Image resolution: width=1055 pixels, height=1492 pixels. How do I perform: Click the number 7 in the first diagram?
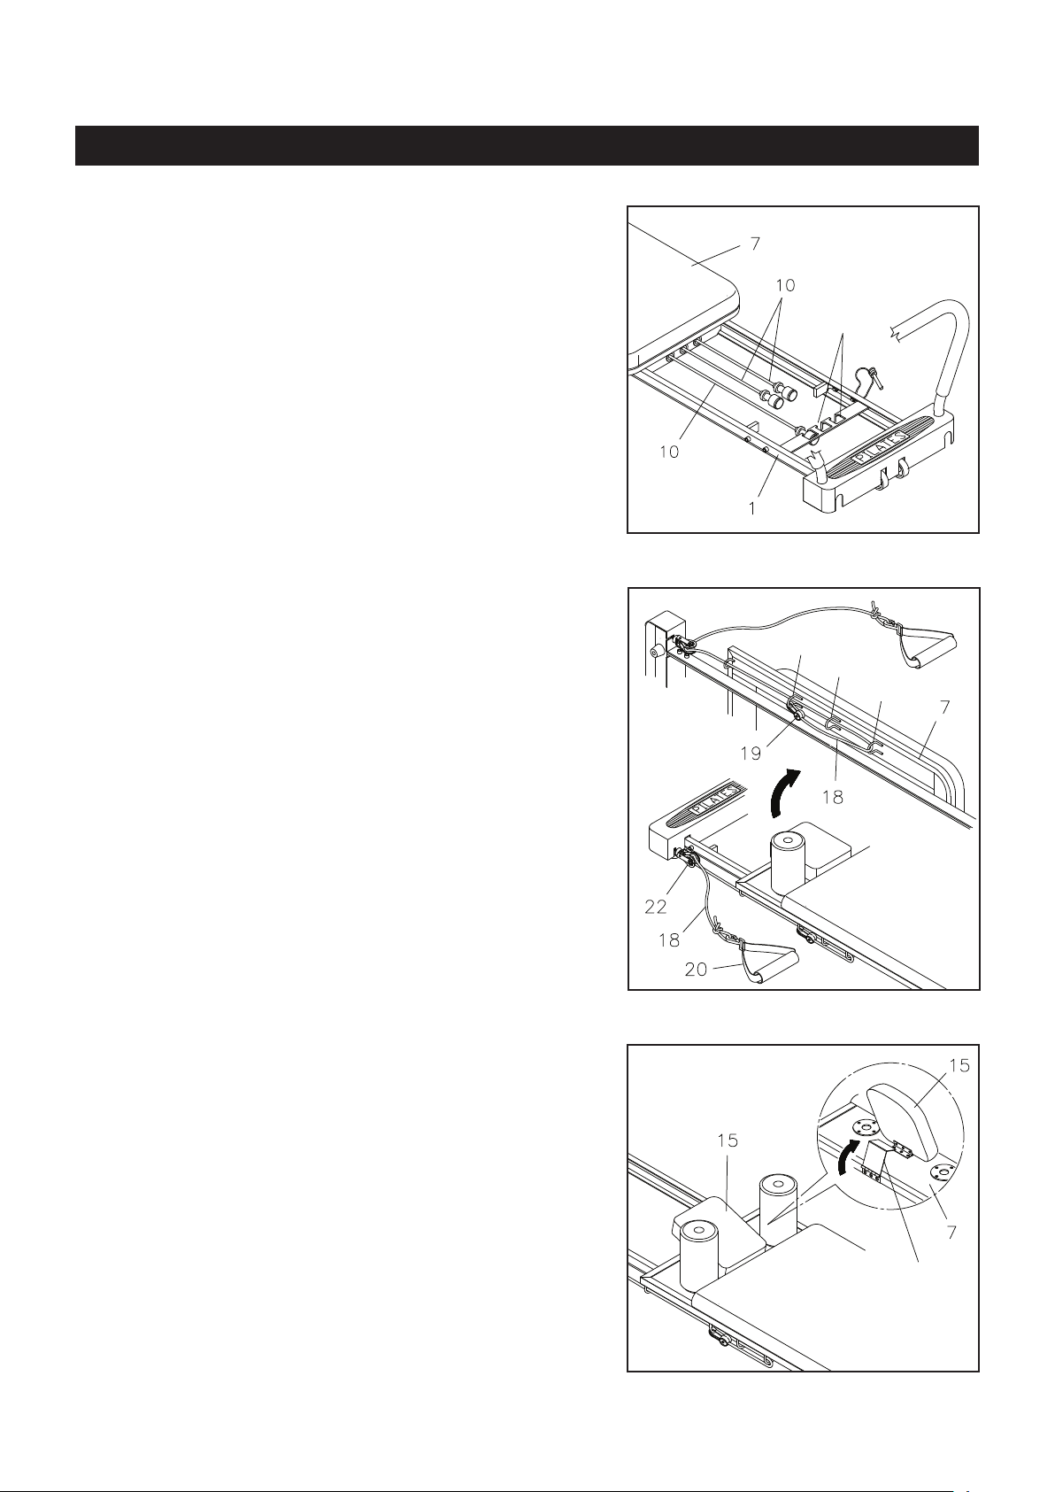(755, 244)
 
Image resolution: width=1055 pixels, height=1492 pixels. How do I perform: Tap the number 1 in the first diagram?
(752, 509)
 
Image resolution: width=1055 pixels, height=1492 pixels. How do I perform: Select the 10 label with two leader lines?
(785, 285)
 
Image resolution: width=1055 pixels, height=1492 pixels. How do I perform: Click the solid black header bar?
(527, 145)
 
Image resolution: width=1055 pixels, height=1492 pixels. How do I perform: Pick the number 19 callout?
(751, 754)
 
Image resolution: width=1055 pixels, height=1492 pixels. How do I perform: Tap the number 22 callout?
(656, 906)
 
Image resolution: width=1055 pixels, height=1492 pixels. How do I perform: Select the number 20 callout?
(696, 969)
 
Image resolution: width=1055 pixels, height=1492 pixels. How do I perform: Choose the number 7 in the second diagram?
(945, 706)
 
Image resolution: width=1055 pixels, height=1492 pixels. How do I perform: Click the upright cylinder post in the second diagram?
(788, 862)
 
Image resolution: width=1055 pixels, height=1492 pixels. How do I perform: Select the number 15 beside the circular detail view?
(959, 1066)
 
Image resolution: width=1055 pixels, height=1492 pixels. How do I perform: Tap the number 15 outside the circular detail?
(728, 1140)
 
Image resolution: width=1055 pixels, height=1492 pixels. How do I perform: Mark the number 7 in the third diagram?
(951, 1233)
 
